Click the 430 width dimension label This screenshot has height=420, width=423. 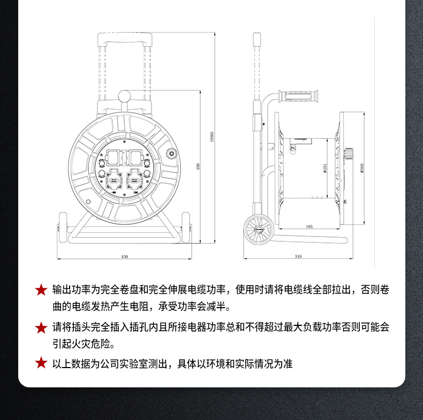[124, 257]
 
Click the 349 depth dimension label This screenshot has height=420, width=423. [298, 256]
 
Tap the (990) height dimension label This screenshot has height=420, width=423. [212, 136]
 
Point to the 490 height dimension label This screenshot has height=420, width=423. [198, 166]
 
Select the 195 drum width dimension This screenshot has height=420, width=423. [309, 226]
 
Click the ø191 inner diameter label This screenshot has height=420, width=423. [325, 168]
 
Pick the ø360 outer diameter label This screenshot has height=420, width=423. [362, 168]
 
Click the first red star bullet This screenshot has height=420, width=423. [41, 290]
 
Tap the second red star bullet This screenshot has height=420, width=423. [41, 327]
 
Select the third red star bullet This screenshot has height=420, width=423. [41, 363]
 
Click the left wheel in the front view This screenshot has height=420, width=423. [63, 228]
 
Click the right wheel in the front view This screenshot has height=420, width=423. [186, 228]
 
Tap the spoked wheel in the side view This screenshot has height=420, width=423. [258, 230]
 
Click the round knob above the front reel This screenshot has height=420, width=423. [125, 96]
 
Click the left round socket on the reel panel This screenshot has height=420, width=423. [114, 180]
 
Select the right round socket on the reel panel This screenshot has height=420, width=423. [134, 180]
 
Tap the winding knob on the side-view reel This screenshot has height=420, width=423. [349, 154]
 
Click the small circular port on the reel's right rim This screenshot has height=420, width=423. [171, 154]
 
